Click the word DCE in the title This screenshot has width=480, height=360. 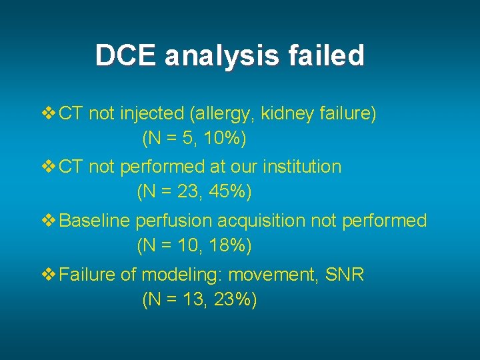[126, 55]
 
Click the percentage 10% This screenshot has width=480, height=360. [224, 139]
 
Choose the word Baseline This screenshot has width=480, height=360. [95, 221]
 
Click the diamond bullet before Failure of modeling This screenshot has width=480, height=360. [49, 275]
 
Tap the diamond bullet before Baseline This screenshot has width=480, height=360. [49, 221]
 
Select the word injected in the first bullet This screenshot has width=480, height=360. [153, 115]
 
